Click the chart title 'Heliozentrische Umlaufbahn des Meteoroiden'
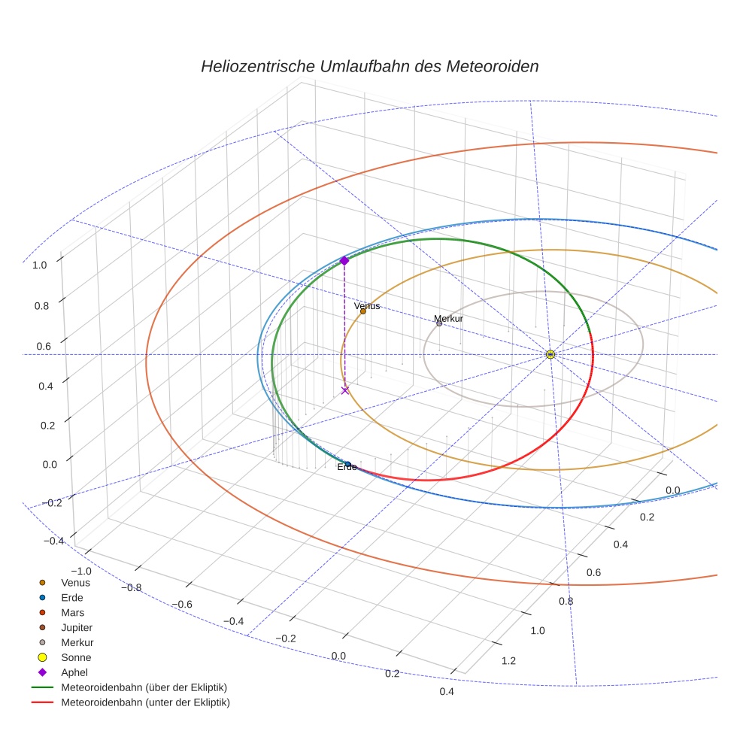tap(369, 66)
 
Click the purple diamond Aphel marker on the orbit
tap(344, 260)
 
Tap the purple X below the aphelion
tap(345, 390)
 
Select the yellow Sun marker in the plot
tap(550, 354)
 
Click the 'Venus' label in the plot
tap(367, 306)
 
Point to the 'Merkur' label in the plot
tap(448, 319)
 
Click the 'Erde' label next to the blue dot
tap(347, 467)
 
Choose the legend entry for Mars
tap(72, 612)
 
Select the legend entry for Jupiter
tap(77, 627)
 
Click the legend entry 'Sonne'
tap(76, 657)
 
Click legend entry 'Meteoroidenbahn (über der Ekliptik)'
tap(144, 687)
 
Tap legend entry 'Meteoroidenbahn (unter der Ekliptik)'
tap(145, 702)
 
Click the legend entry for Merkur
tap(77, 642)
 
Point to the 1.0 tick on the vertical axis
tap(40, 265)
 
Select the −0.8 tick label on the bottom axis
tap(131, 587)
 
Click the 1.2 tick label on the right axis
tap(508, 660)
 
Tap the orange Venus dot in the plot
tap(362, 311)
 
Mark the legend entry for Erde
tap(71, 597)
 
